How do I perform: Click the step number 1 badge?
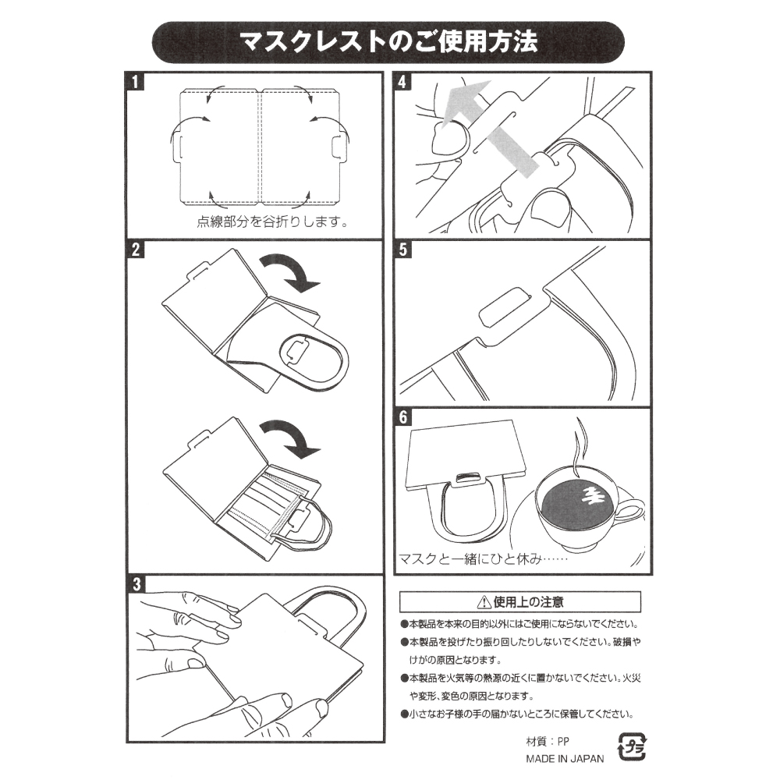pos(135,82)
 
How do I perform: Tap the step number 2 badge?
pos(135,250)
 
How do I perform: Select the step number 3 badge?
pos(136,584)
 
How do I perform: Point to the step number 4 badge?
pos(403,82)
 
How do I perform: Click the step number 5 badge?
pos(403,250)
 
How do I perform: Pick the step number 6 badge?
pos(403,417)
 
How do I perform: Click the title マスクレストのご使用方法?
pos(388,42)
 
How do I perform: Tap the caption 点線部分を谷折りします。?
pos(272,222)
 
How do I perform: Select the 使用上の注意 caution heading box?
pos(520,602)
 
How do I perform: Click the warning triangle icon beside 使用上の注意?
pos(484,602)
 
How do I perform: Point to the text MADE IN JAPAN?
pos(565,759)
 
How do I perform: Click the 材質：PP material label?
pos(548,741)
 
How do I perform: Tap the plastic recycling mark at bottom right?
pos(632,746)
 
